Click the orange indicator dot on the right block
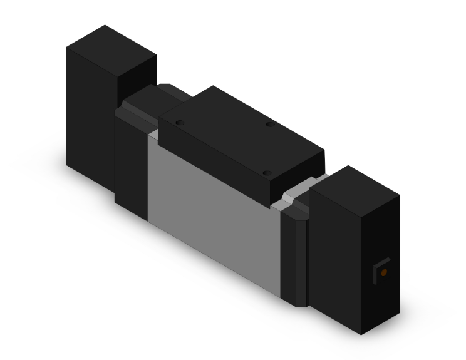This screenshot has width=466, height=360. (383, 272)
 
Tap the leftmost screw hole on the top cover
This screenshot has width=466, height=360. (179, 123)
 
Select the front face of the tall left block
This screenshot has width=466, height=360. (91, 113)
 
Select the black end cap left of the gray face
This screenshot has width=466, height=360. (130, 163)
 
